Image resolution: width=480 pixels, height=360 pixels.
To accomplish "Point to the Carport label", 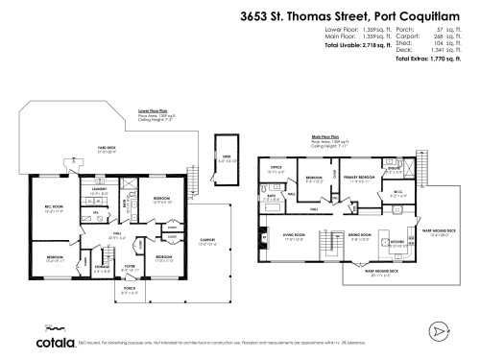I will pyautogui.click(x=207, y=241).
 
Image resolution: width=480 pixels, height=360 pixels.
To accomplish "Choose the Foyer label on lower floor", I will pyautogui.click(x=131, y=269).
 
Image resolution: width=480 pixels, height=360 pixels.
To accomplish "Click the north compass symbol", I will pyautogui.click(x=440, y=330).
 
